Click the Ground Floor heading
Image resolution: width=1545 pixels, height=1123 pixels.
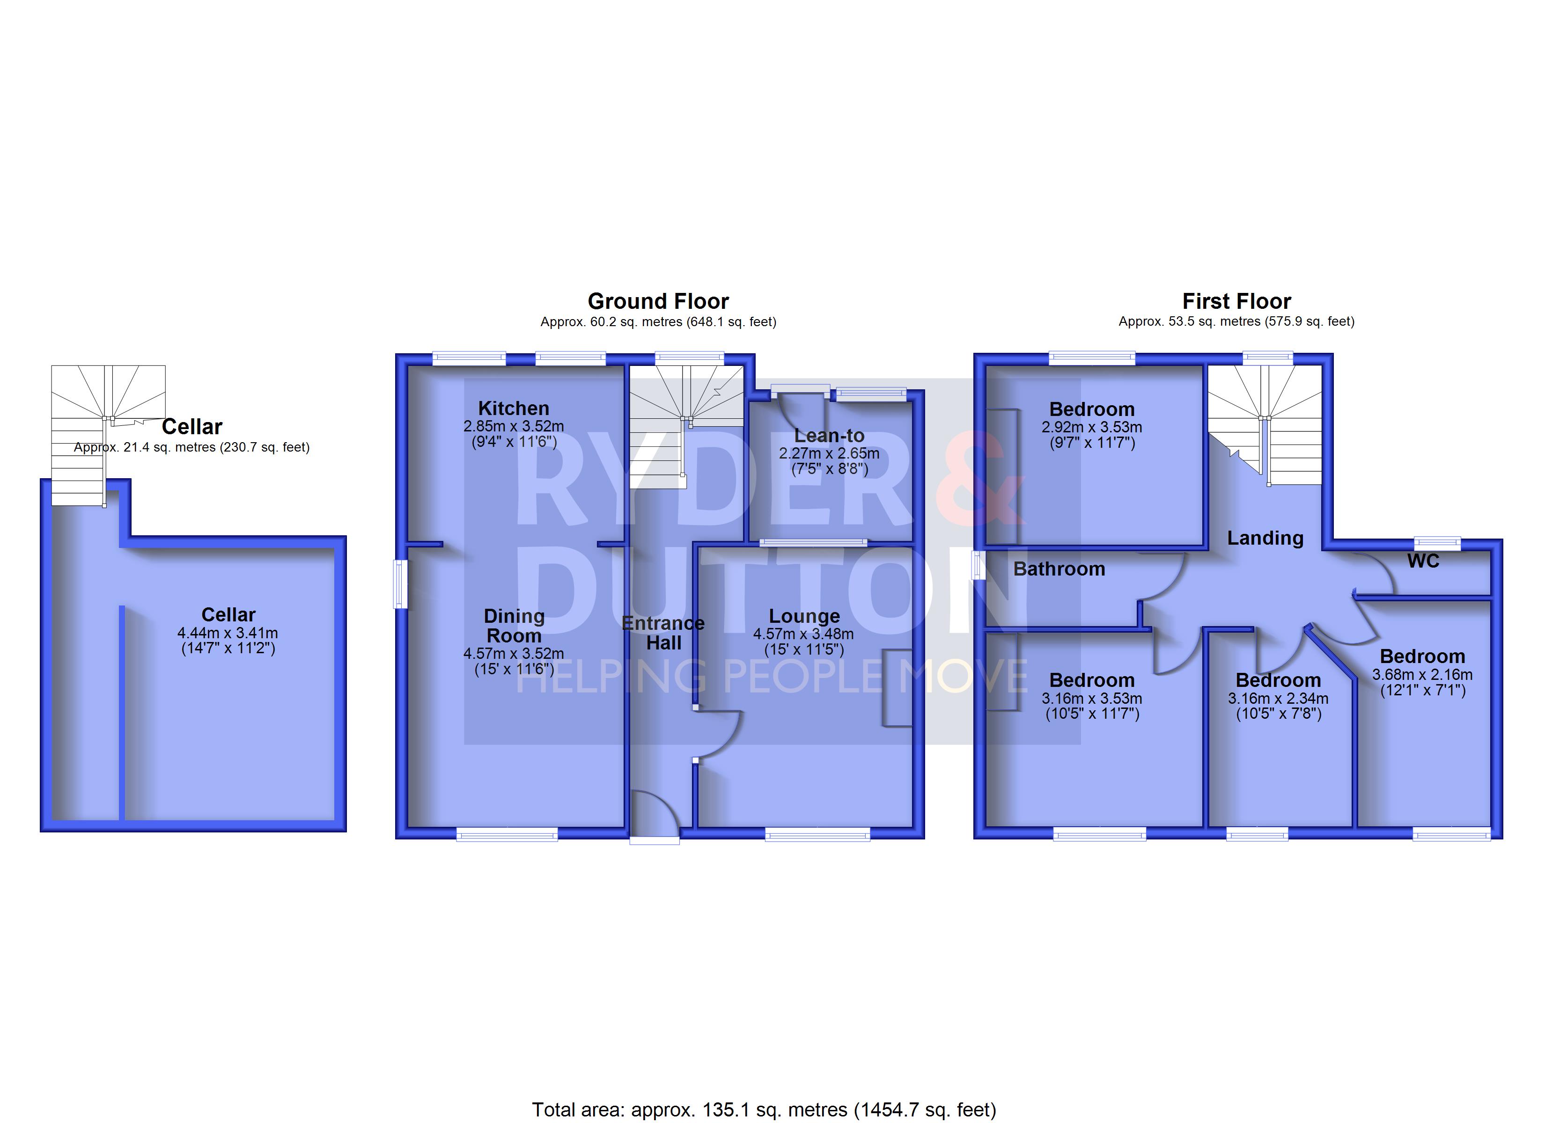pyautogui.click(x=658, y=301)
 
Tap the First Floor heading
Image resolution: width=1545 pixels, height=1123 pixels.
pyautogui.click(x=1236, y=301)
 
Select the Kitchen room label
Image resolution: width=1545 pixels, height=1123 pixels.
pyautogui.click(x=514, y=408)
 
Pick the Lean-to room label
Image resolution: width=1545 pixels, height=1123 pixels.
pyautogui.click(x=829, y=436)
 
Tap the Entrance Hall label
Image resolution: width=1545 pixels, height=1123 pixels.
pyautogui.click(x=663, y=634)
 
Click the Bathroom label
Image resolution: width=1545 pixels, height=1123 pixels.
pyautogui.click(x=1059, y=569)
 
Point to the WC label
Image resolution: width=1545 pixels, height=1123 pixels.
pyautogui.click(x=1423, y=561)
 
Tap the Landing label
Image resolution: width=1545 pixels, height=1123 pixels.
pyautogui.click(x=1265, y=539)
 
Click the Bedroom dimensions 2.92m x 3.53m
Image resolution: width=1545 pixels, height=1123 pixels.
pyautogui.click(x=1092, y=428)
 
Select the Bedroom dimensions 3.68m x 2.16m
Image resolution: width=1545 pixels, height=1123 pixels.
pyautogui.click(x=1422, y=675)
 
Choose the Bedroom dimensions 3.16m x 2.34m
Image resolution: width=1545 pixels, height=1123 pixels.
pyautogui.click(x=1278, y=699)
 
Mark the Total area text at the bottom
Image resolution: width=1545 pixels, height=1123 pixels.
pyautogui.click(x=764, y=1110)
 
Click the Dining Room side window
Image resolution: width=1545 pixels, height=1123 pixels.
pyautogui.click(x=401, y=583)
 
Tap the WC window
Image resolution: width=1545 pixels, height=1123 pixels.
pyautogui.click(x=1437, y=543)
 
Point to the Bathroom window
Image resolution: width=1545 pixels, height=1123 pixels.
pyautogui.click(x=979, y=565)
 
